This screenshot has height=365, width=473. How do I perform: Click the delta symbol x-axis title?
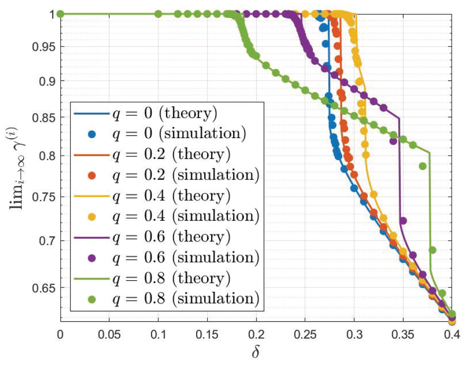coord(256,353)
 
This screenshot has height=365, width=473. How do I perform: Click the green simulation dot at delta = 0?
coord(60,14)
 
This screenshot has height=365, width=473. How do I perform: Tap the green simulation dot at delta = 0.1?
coord(158,14)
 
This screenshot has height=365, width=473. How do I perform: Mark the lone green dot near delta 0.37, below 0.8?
coord(423,166)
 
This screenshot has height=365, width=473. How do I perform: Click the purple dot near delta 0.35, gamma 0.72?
coord(403,220)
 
